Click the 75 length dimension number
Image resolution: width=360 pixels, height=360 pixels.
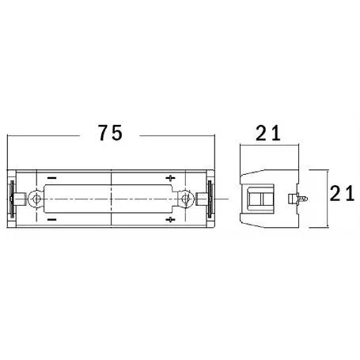(111, 134)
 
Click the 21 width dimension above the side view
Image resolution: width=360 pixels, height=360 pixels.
(268, 134)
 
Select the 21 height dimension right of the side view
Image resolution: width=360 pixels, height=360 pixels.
(342, 193)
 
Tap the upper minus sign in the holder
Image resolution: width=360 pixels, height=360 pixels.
(51, 177)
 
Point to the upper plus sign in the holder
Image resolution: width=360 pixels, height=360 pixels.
(171, 177)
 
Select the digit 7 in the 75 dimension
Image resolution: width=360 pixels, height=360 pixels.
(103, 134)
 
